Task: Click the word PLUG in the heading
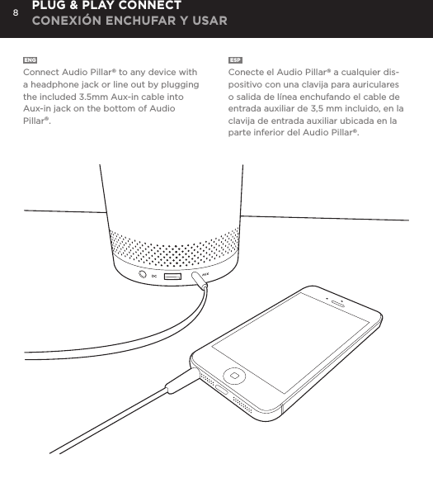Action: point(53,7)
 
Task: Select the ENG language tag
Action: point(30,61)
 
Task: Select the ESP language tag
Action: point(235,61)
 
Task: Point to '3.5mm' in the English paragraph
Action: point(128,97)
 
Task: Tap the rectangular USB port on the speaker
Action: point(172,276)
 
